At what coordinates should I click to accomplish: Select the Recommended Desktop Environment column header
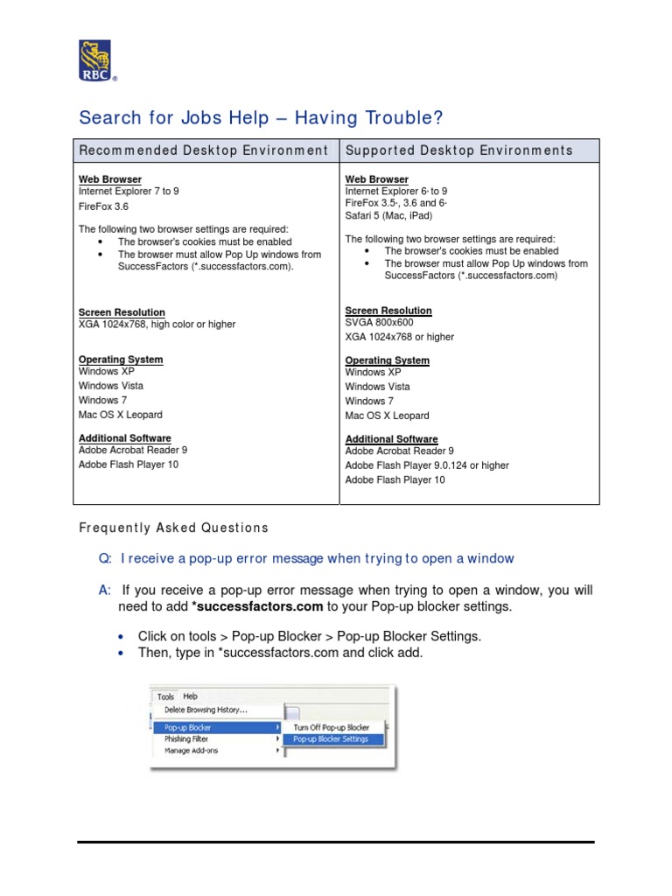tap(204, 150)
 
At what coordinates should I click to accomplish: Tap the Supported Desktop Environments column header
tap(459, 150)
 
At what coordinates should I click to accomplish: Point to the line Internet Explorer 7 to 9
tap(129, 191)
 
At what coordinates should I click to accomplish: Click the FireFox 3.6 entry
tap(105, 206)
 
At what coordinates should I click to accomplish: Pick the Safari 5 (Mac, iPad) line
tap(388, 215)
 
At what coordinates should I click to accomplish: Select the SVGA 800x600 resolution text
tap(380, 323)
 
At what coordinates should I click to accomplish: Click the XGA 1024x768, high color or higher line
tap(157, 325)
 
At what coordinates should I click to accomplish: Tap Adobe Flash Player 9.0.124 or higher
tap(427, 465)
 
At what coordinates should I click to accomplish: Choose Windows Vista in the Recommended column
tap(111, 386)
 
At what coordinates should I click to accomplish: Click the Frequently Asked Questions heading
tap(173, 528)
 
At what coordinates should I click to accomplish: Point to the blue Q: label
tap(105, 558)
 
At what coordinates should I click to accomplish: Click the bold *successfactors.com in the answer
tap(257, 606)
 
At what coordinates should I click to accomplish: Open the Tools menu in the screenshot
tap(165, 697)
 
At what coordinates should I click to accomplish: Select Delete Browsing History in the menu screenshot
tap(206, 710)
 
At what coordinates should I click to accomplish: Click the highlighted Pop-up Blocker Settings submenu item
tap(331, 739)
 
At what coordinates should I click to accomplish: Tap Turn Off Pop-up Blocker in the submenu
tap(331, 727)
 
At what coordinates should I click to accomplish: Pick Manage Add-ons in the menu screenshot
tap(191, 751)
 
